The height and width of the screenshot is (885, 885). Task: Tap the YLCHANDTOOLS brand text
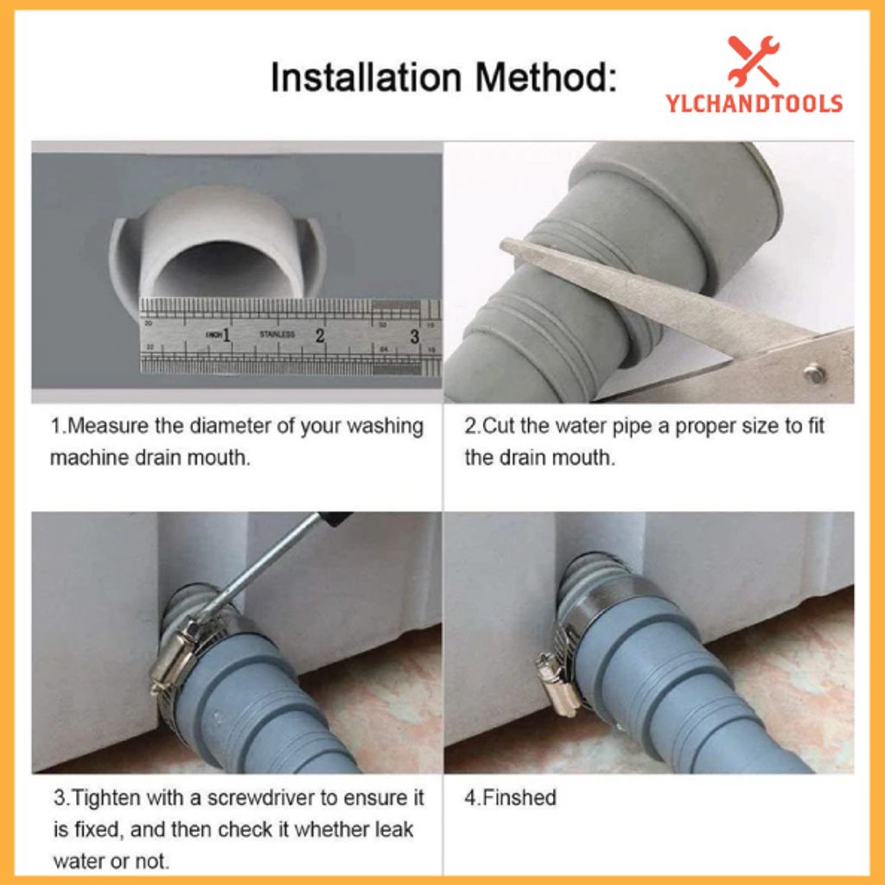[754, 104]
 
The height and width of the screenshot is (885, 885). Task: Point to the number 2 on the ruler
[320, 335]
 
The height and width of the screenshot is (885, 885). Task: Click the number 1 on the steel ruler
[226, 335]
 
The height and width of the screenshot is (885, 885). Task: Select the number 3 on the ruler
[414, 336]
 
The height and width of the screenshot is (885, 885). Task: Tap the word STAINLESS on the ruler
[277, 334]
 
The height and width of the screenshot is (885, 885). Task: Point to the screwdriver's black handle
[334, 519]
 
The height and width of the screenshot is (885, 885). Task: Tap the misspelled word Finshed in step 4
[518, 798]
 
